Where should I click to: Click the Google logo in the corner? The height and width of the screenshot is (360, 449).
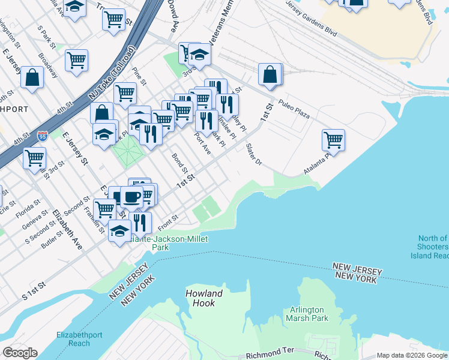pos(20,352)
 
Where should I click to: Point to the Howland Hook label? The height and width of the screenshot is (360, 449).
pos(204,298)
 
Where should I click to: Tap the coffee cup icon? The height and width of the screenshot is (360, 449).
pos(131,196)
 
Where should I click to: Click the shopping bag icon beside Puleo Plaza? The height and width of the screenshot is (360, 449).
pos(271,74)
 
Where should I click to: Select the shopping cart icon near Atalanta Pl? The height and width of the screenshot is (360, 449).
pos(333,140)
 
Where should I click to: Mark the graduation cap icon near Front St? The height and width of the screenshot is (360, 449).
pos(120,231)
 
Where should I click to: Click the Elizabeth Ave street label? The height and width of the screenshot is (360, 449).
pos(67,229)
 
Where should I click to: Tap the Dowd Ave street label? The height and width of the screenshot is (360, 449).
pos(173,8)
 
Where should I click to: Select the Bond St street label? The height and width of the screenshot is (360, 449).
pos(179,162)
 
